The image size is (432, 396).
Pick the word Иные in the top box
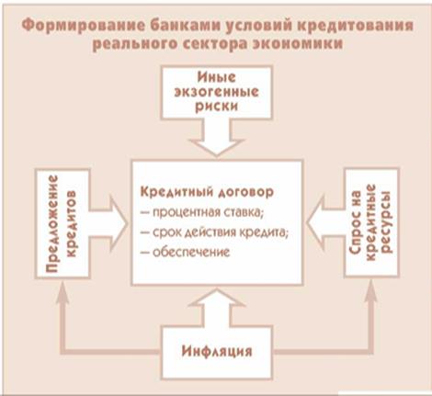click(216, 77)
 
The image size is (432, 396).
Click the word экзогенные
click(216, 92)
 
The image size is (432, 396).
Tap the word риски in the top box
click(216, 107)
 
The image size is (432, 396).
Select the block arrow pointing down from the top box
click(217, 137)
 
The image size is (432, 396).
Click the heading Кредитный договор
click(207, 192)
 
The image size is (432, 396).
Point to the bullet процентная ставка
click(202, 212)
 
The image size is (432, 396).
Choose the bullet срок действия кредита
click(215, 232)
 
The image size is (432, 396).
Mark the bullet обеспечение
click(185, 253)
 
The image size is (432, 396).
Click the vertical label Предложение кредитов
click(61, 223)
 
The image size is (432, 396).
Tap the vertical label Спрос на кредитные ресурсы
click(371, 222)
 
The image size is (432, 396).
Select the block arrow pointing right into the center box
click(108, 223)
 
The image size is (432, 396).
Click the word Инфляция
click(217, 351)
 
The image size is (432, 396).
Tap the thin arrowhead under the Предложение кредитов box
click(63, 289)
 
